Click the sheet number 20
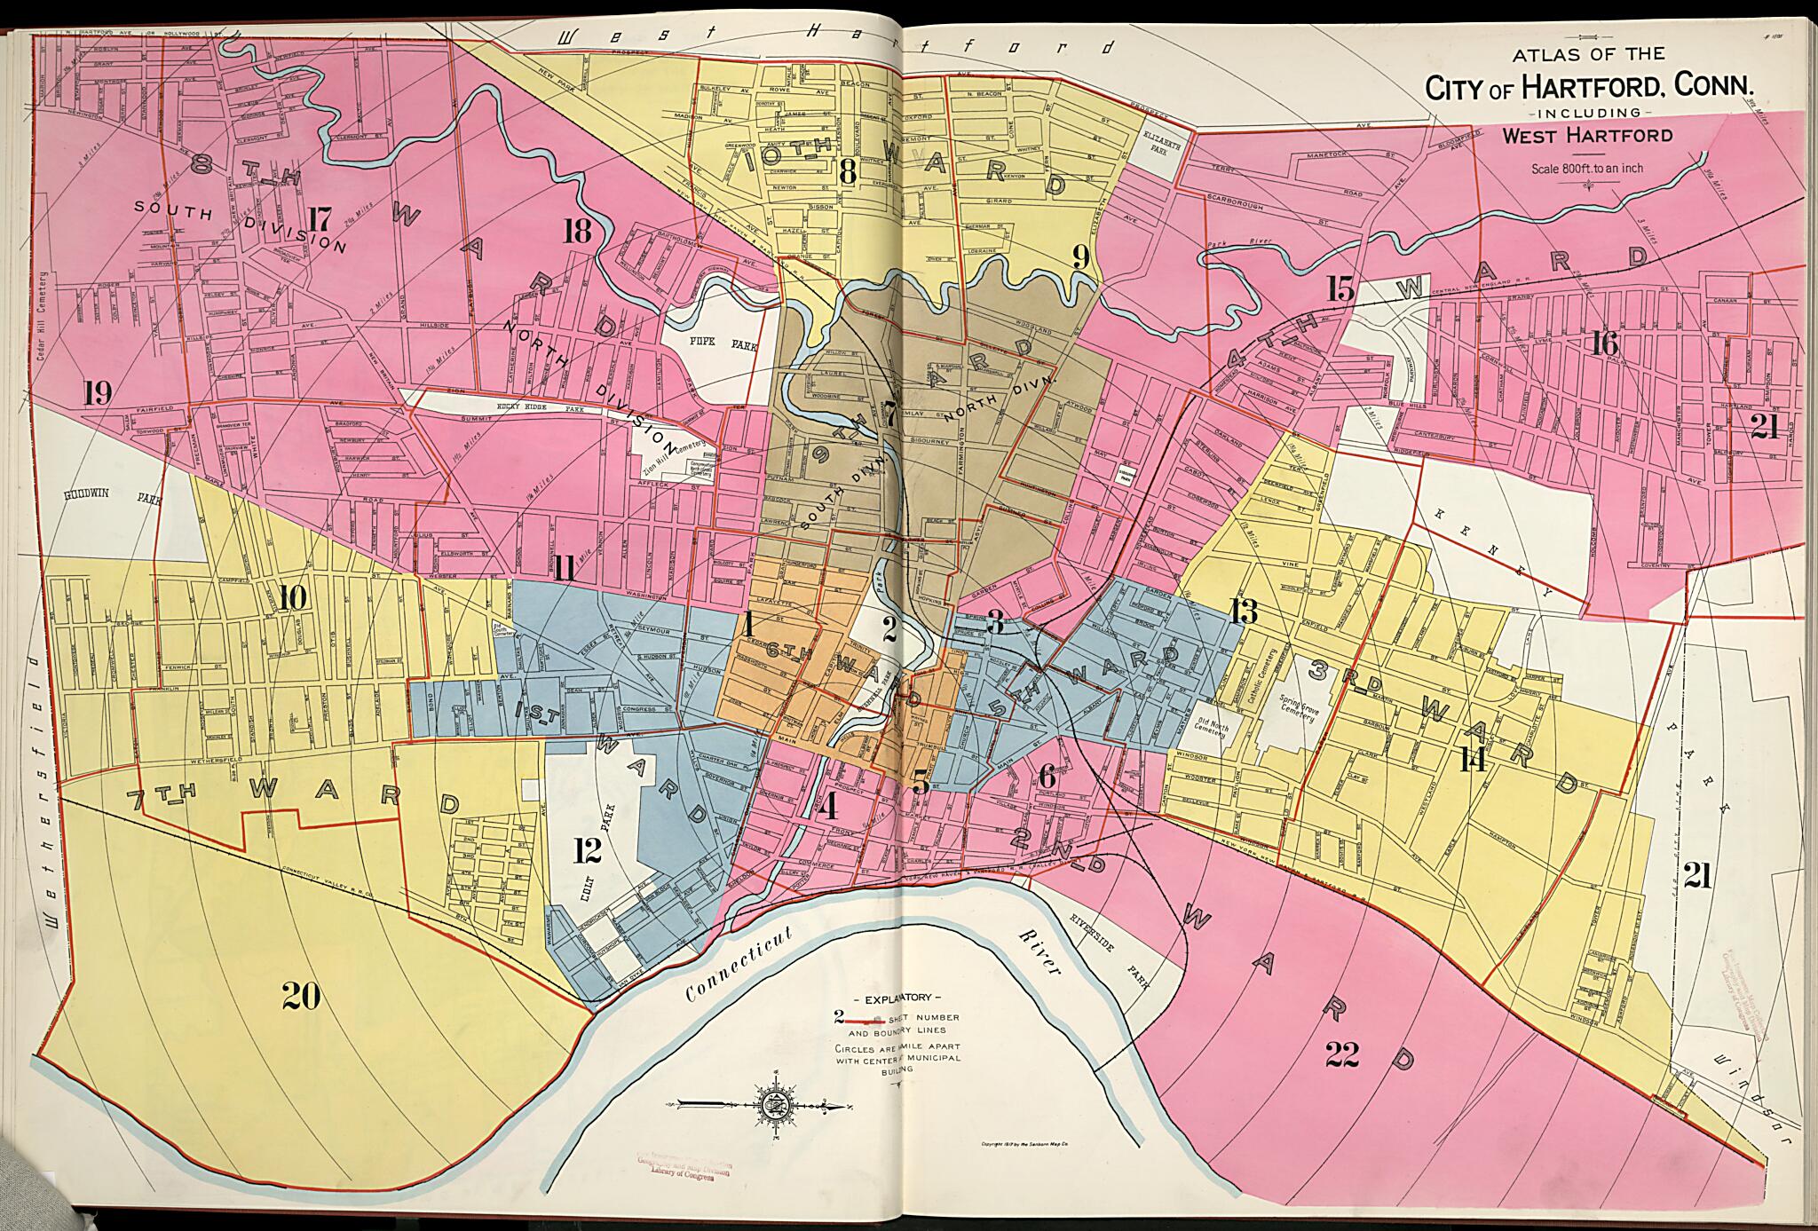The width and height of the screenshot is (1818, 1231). [x=301, y=998]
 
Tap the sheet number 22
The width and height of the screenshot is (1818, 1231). [x=1348, y=1054]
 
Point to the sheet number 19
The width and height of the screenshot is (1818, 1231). [x=98, y=392]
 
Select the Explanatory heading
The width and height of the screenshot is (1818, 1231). [x=891, y=998]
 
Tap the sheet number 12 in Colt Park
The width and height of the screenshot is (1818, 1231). [x=587, y=851]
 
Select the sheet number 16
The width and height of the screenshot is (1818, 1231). [x=1605, y=343]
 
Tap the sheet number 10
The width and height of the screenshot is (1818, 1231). [x=293, y=598]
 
